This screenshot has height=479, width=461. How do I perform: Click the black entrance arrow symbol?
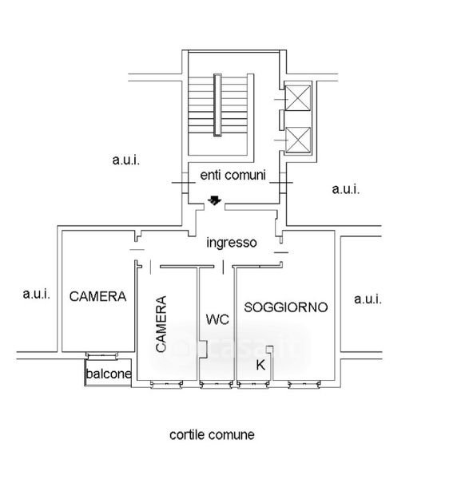click(x=215, y=200)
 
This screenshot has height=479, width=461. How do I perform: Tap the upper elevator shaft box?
click(x=297, y=97)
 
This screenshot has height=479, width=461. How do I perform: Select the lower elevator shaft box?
click(x=297, y=140)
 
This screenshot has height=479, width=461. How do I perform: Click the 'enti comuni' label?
click(x=233, y=175)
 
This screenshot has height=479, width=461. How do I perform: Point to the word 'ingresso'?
click(x=232, y=243)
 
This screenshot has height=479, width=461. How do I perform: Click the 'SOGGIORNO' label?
click(x=286, y=307)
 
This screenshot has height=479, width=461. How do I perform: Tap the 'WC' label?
click(x=217, y=320)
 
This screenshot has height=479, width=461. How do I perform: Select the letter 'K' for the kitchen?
click(x=260, y=365)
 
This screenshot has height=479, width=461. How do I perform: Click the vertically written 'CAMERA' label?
click(x=161, y=324)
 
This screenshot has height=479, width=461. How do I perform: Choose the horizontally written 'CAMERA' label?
click(x=97, y=296)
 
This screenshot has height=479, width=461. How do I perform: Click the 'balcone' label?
click(x=109, y=374)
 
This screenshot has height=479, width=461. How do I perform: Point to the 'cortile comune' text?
click(x=212, y=435)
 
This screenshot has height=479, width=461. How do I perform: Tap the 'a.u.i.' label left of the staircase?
click(x=126, y=160)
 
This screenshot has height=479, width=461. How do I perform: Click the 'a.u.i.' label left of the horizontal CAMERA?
click(x=37, y=294)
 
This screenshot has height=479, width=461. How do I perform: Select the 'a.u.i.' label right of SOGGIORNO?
click(x=368, y=299)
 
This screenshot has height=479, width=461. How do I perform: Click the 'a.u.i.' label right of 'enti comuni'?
click(x=346, y=189)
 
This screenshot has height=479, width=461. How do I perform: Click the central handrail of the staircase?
click(x=217, y=105)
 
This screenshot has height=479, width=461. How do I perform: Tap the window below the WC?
click(x=217, y=385)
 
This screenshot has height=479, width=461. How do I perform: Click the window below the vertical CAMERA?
click(x=167, y=385)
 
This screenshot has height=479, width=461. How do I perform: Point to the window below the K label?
click(x=253, y=385)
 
